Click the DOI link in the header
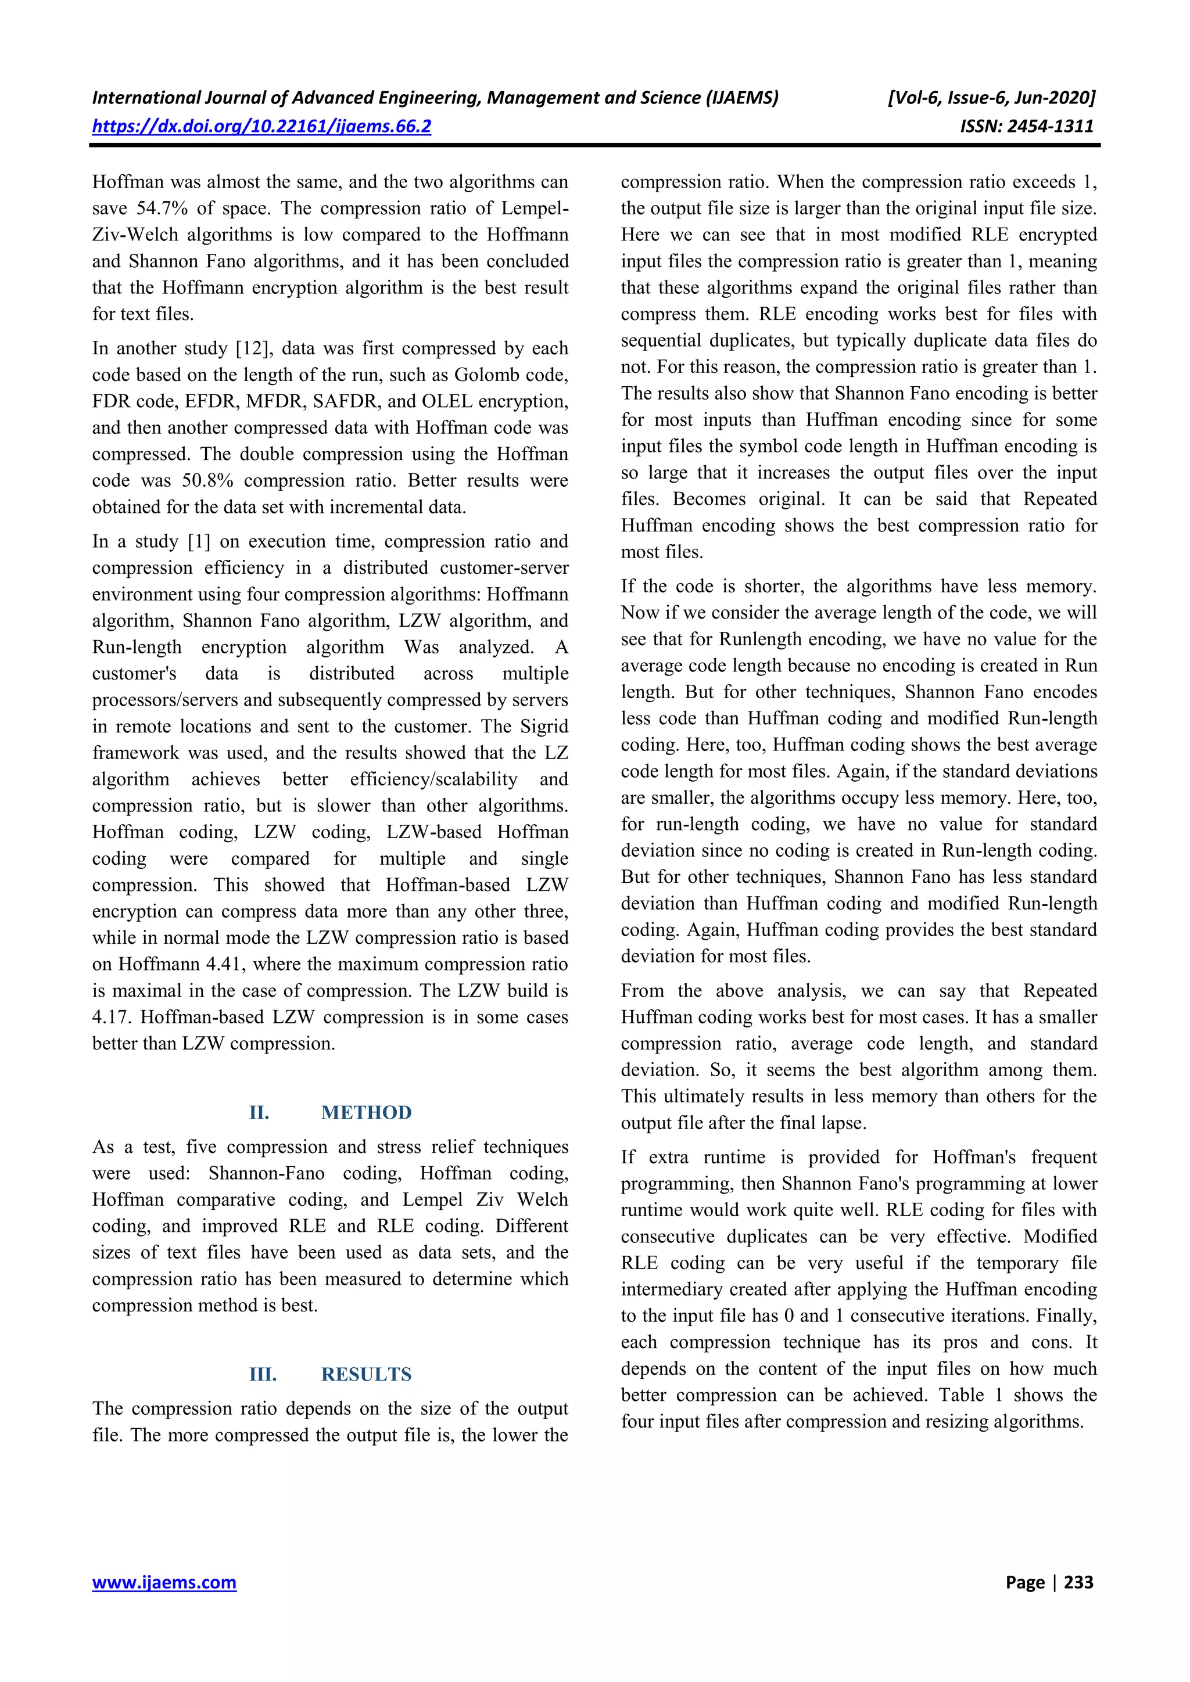261,126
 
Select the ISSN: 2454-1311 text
1027,126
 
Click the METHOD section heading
367,1112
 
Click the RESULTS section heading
367,1374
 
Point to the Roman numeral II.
259,1112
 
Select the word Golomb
489,375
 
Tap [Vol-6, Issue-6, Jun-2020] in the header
991,98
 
